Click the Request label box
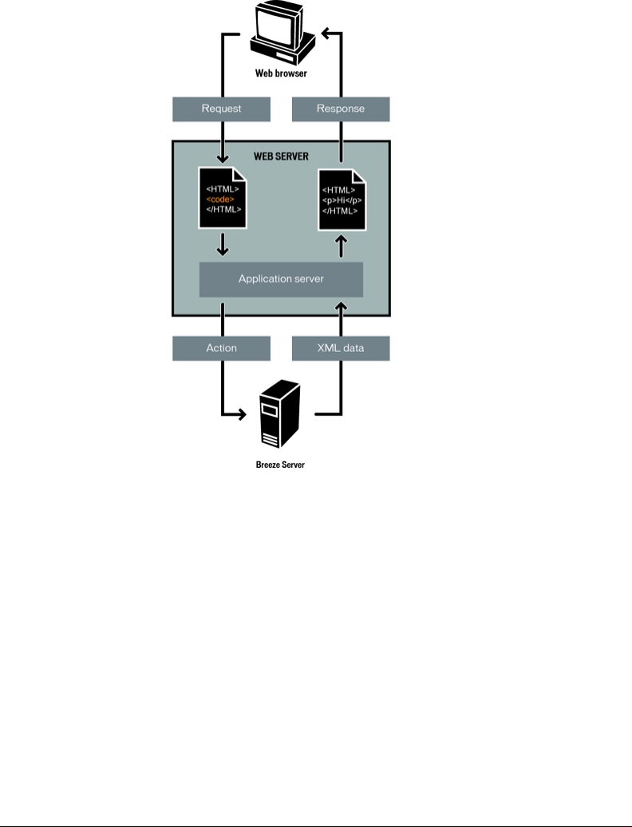[221, 109]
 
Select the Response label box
[341, 109]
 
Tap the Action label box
[221, 349]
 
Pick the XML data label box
[341, 349]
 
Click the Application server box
[281, 279]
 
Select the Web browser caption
[281, 73]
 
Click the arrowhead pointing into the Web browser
[327, 34]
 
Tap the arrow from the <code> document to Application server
[223, 244]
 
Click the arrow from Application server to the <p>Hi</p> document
[341, 245]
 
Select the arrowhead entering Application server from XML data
[341, 305]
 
